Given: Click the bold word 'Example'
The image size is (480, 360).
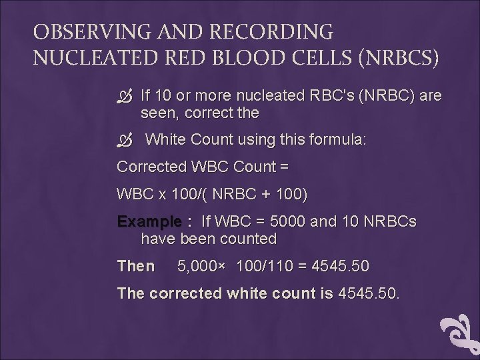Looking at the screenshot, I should [149, 221].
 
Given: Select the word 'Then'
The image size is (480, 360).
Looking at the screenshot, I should [135, 266].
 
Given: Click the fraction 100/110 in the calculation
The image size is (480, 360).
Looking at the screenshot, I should [265, 266].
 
